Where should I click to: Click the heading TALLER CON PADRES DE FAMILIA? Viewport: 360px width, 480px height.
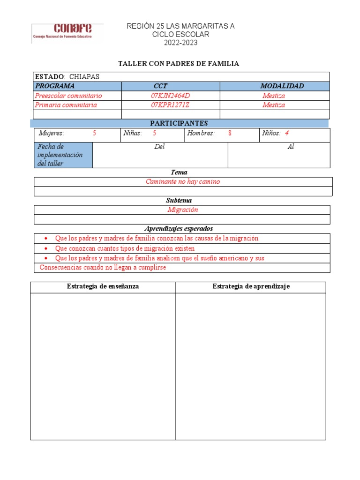click(x=178, y=64)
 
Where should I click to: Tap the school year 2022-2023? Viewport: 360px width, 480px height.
click(x=180, y=43)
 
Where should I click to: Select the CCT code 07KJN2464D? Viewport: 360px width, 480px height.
click(x=171, y=96)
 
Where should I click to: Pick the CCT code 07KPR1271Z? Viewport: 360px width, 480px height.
click(x=170, y=105)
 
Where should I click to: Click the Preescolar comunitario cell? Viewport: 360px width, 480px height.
click(x=68, y=96)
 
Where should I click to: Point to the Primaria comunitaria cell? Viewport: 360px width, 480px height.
click(x=66, y=105)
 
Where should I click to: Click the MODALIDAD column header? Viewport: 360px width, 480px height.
click(x=282, y=86)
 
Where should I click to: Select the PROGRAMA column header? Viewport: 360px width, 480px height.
click(x=55, y=86)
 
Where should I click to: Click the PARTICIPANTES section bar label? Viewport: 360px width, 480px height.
click(x=179, y=123)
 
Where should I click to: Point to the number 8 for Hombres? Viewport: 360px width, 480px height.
click(x=230, y=133)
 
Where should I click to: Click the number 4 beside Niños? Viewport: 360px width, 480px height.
click(x=287, y=133)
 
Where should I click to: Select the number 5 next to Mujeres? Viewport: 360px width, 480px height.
click(x=94, y=133)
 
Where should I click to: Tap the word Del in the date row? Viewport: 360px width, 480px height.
click(x=159, y=147)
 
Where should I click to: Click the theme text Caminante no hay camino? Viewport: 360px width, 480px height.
click(x=183, y=182)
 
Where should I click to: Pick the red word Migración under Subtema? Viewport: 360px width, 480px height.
click(x=183, y=210)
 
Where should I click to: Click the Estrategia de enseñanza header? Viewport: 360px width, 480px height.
click(x=103, y=286)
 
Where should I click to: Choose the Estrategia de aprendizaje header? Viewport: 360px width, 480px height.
click(x=251, y=286)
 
